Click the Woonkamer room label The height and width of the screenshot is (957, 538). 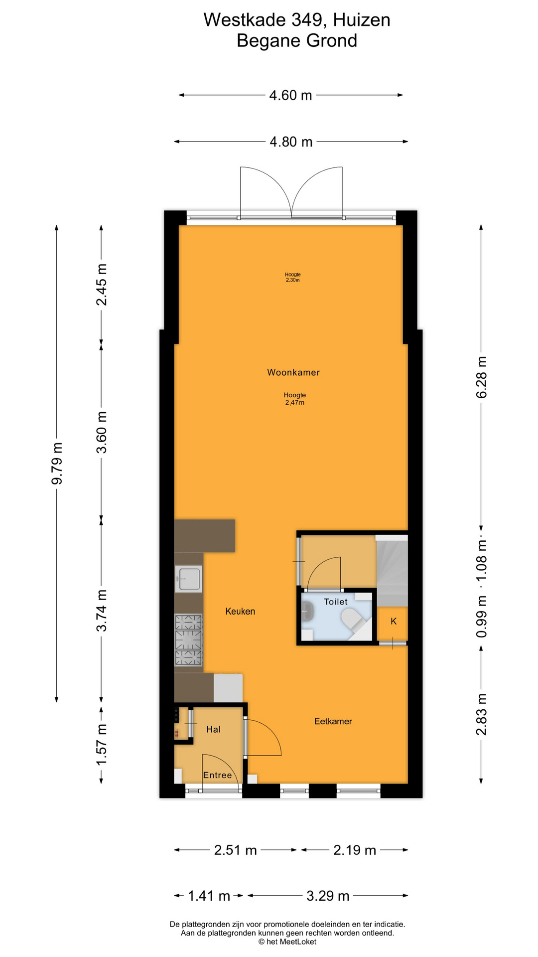[x=293, y=372]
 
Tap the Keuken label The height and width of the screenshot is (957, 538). [x=240, y=612]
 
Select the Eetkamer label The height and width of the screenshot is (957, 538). [x=333, y=721]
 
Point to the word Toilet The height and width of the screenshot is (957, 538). [x=336, y=602]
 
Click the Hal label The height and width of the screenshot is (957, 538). [x=213, y=729]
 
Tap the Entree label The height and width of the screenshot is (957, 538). [x=218, y=775]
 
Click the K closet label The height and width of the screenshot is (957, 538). [x=394, y=621]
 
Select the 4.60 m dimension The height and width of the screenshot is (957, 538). [x=290, y=95]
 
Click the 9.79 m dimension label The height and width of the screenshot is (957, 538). [x=57, y=463]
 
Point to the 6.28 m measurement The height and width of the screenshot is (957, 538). [x=482, y=377]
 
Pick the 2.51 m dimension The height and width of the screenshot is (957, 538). [x=235, y=850]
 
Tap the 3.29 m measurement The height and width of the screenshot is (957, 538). [x=327, y=896]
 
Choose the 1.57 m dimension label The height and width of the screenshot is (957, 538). [x=102, y=745]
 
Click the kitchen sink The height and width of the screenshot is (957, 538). [x=189, y=579]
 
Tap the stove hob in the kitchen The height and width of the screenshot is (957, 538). [x=189, y=640]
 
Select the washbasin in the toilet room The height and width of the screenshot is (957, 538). [x=307, y=611]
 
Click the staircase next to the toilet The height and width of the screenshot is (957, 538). [x=392, y=571]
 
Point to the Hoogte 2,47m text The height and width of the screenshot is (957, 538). [x=295, y=399]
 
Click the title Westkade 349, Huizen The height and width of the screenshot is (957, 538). [x=297, y=20]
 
